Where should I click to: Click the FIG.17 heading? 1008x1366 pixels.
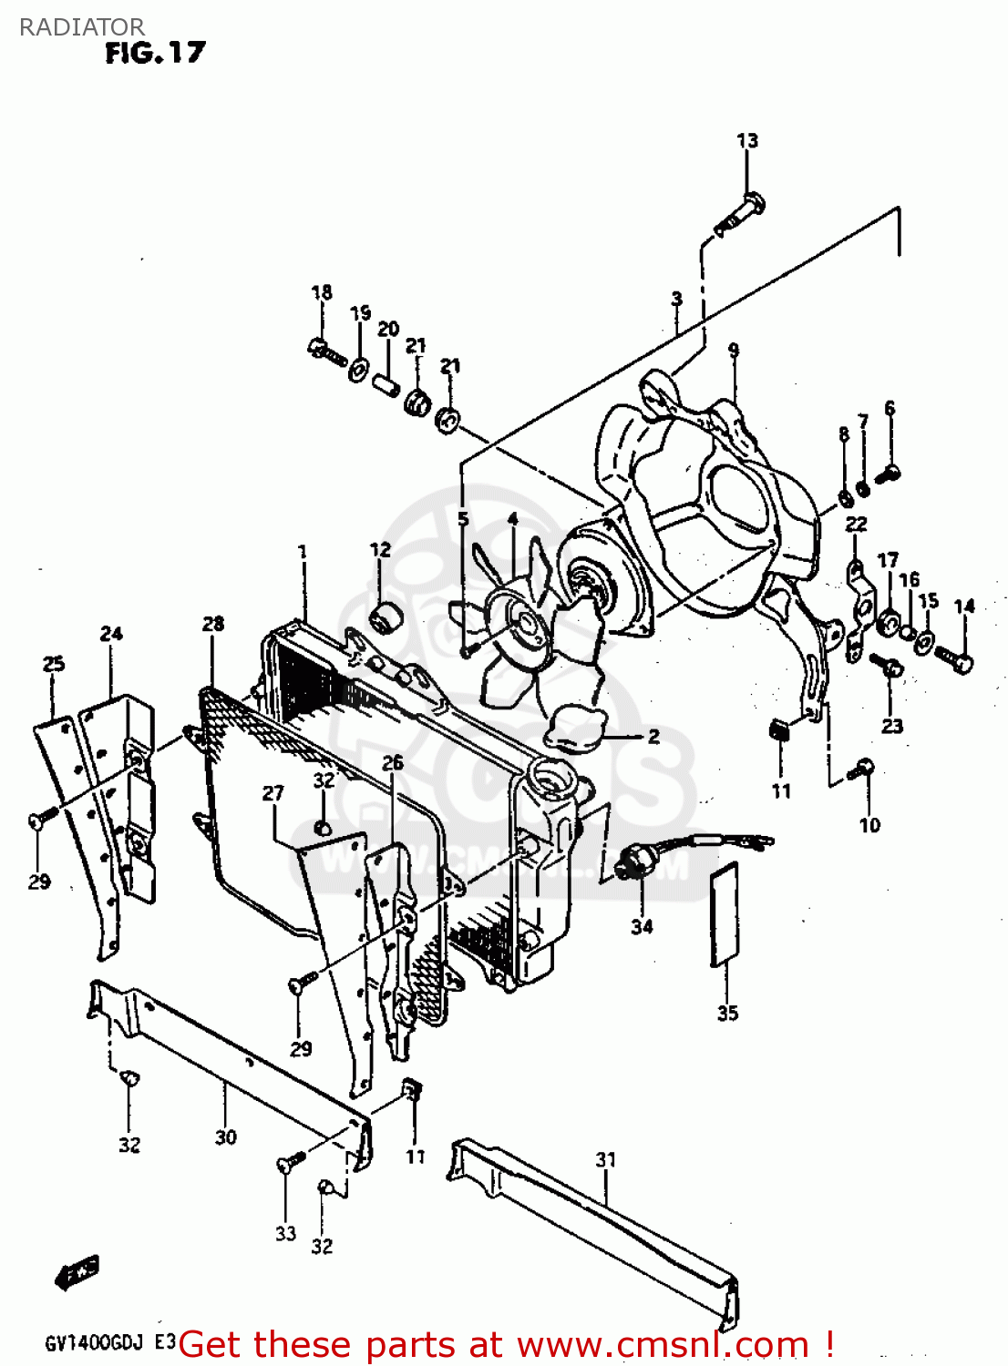point(155,53)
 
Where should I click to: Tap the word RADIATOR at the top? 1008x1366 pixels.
point(82,26)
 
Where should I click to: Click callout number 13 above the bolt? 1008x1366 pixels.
point(747,140)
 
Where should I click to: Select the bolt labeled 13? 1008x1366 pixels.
point(742,211)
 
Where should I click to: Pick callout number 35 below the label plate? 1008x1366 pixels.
point(727,1013)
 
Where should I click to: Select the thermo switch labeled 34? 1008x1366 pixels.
point(631,861)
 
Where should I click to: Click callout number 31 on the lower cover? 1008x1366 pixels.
point(606,1159)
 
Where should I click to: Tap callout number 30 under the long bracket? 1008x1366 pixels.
point(226,1137)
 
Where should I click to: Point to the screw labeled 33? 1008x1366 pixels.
point(292,1163)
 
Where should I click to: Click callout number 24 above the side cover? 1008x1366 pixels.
point(111,633)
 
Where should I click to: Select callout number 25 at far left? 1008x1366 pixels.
point(54,663)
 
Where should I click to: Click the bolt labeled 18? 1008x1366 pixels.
point(324,349)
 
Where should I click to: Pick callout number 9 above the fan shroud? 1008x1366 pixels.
point(734,350)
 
